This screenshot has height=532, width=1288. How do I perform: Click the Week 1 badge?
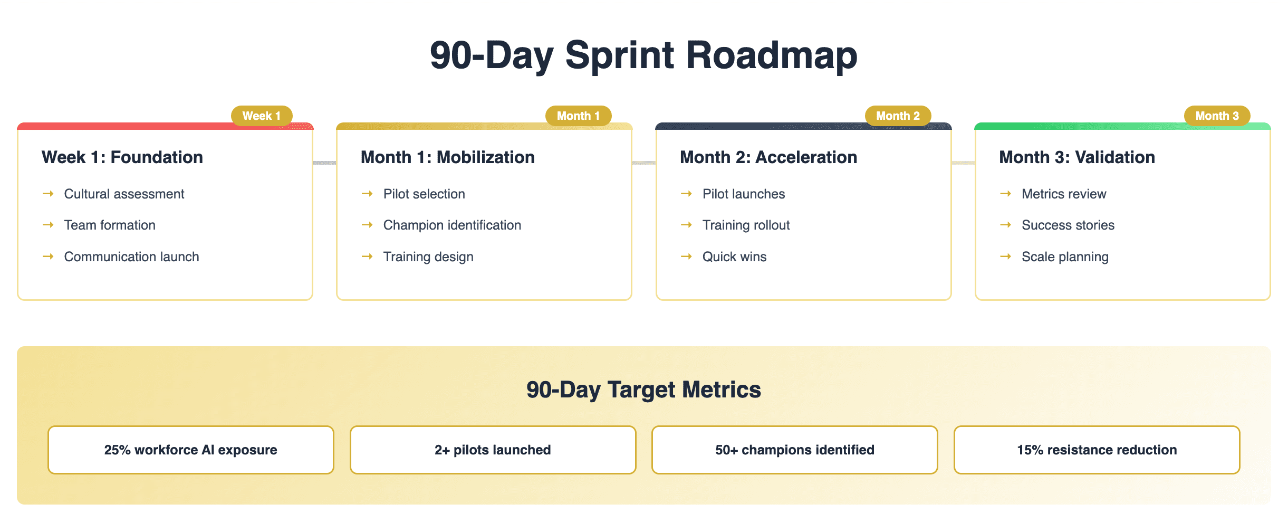(x=262, y=116)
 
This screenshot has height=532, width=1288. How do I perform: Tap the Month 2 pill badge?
(x=898, y=116)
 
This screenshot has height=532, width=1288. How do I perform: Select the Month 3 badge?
(x=1217, y=116)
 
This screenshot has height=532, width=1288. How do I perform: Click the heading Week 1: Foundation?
(x=122, y=157)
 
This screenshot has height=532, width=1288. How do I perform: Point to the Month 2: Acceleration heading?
(x=768, y=157)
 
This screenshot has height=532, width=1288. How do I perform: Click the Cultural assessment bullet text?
(x=124, y=194)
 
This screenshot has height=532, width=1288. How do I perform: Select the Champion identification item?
(x=452, y=225)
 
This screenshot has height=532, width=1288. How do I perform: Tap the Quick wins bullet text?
(x=734, y=257)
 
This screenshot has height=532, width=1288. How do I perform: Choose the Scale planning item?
(x=1065, y=257)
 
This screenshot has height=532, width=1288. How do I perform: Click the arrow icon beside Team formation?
(x=48, y=225)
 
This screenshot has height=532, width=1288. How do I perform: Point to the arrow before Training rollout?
(x=686, y=225)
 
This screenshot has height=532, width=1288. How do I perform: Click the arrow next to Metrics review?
(x=1005, y=194)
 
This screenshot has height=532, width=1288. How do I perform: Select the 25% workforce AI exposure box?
(x=191, y=450)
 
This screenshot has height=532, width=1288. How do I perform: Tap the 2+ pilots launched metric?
(x=493, y=450)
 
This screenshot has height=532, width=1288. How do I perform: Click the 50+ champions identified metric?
(x=795, y=450)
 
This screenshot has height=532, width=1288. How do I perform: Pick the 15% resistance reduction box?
(x=1097, y=450)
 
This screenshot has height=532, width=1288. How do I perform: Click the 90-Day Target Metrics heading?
(x=643, y=390)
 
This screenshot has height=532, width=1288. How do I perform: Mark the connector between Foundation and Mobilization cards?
(x=325, y=163)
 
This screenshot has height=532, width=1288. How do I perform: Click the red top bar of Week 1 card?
(x=165, y=126)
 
